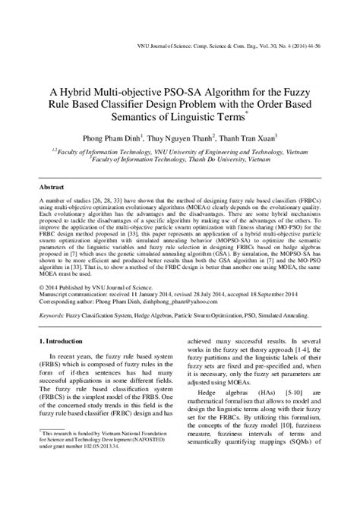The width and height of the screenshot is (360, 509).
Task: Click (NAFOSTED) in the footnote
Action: point(153,471)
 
